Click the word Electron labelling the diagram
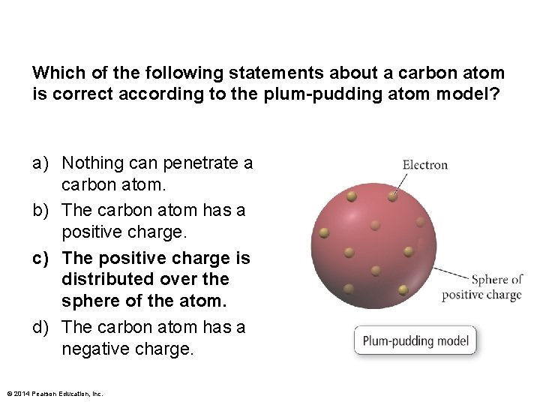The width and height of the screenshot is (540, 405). coord(424,165)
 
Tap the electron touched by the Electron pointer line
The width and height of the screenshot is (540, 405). coord(392,197)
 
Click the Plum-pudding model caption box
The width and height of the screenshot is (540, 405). coord(415,341)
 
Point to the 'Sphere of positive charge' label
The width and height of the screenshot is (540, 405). coord(481,287)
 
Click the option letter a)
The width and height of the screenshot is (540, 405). coord(40,163)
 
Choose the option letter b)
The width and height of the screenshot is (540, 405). coord(40,211)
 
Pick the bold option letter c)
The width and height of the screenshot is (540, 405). coord(40,258)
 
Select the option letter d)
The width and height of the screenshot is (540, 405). coord(40,328)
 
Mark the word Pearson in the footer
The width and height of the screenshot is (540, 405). coord(46,393)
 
